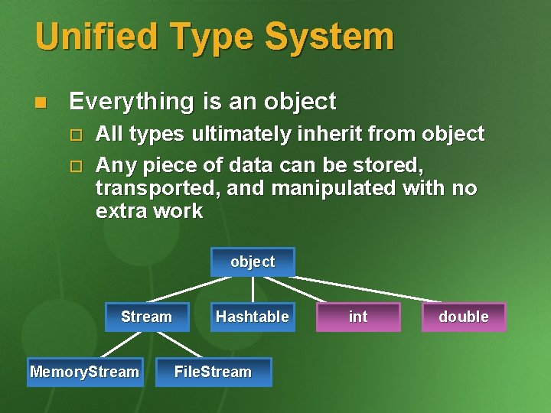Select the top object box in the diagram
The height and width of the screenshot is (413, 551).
click(253, 262)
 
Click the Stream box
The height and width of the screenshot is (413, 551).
click(146, 317)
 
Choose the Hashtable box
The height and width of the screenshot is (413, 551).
click(252, 317)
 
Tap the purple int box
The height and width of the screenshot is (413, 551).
click(357, 317)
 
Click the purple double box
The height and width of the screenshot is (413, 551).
click(463, 317)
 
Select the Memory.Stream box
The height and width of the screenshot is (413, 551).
click(84, 372)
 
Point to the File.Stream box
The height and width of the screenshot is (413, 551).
click(213, 372)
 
